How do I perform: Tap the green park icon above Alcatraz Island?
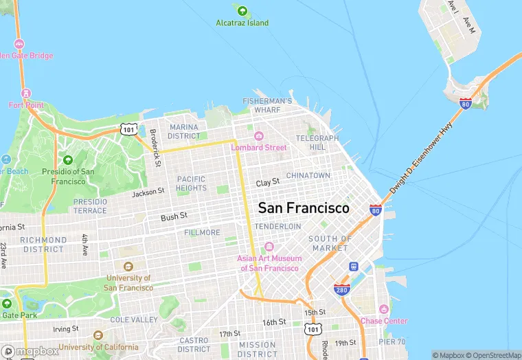click(x=242, y=10)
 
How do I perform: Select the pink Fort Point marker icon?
click(x=26, y=93)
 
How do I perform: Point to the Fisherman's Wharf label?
click(x=267, y=105)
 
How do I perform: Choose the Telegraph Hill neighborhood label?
click(x=317, y=143)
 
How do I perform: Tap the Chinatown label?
click(x=308, y=175)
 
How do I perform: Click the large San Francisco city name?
click(x=303, y=207)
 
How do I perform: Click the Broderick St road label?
click(x=155, y=148)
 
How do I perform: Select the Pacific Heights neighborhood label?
click(x=191, y=183)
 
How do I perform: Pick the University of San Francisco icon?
click(x=128, y=267)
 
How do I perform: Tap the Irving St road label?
click(x=66, y=310)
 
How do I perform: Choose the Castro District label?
click(x=194, y=344)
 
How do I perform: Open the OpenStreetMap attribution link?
click(x=493, y=355)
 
